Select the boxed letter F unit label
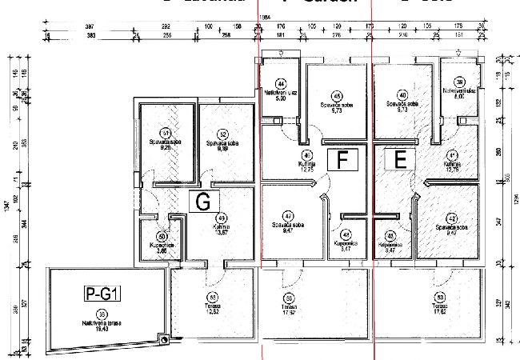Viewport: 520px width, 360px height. click(342, 160)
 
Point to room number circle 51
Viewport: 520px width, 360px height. click(166, 133)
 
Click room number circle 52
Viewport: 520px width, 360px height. click(222, 133)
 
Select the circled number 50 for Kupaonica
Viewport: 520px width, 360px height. click(162, 237)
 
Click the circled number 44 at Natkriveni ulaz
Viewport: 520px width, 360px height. click(281, 83)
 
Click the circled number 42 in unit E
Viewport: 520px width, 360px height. click(452, 218)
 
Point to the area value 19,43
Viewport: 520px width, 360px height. click(102, 328)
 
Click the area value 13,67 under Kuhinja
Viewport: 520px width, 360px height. click(222, 233)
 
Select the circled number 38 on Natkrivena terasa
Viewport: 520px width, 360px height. click(102, 314)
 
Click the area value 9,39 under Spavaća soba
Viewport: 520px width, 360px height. click(222, 148)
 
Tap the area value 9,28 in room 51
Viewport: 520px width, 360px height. click(166, 148)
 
